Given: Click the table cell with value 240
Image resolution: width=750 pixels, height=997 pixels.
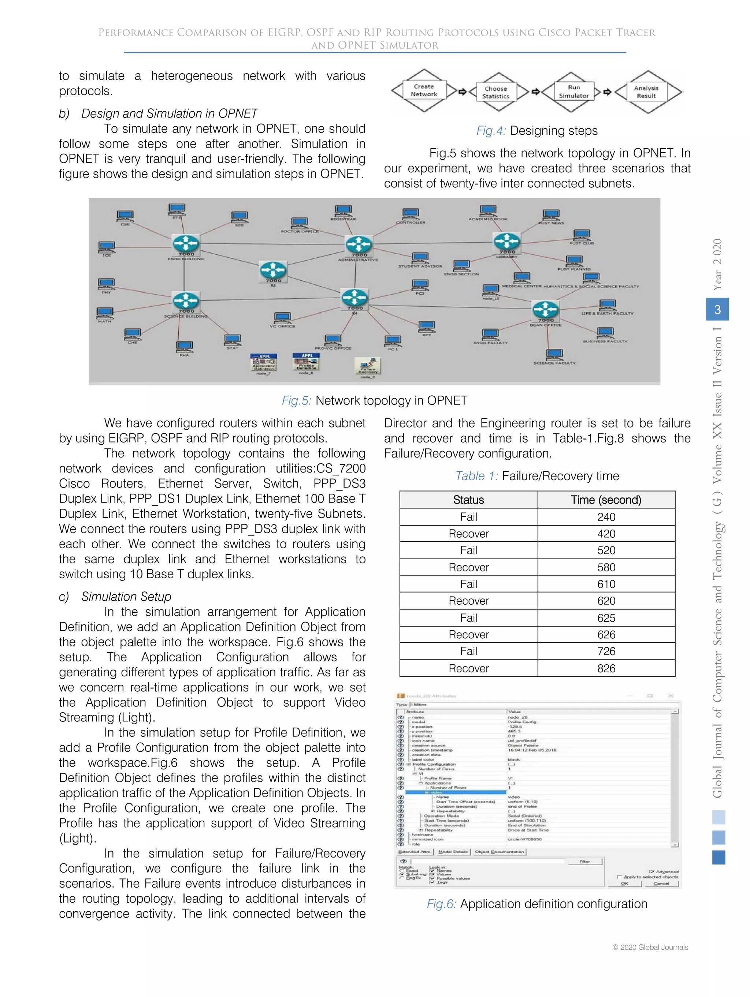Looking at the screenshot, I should point(606,517).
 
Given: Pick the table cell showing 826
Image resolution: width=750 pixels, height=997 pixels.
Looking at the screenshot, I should point(606,668).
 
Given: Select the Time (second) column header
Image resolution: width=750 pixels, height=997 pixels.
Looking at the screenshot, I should point(606,500).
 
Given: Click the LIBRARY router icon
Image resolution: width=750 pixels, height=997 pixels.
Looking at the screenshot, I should point(507,241).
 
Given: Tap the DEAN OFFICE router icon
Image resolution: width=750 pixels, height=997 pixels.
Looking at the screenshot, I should point(545,310).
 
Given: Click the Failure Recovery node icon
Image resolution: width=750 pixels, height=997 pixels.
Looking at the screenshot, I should point(368,366).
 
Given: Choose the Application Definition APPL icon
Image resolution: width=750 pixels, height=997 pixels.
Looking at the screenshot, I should point(264,362).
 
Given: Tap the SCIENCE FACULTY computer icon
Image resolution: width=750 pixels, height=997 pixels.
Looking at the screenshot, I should point(554,354).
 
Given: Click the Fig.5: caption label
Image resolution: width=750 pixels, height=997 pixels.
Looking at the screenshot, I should point(296,401).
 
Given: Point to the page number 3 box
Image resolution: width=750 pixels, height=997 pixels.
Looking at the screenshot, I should point(717,309).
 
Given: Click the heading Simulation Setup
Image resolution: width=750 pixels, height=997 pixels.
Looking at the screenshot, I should point(126,596).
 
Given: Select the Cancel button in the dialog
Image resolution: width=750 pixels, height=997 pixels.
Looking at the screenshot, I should point(661,884).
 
